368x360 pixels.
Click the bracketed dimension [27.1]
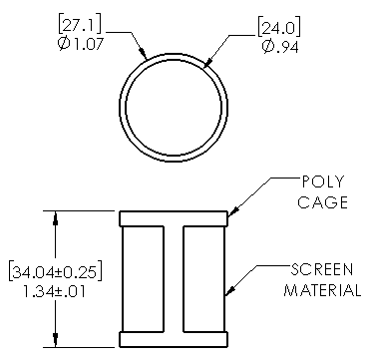pyautogui.click(x=80, y=24)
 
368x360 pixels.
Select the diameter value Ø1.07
pyautogui.click(x=81, y=44)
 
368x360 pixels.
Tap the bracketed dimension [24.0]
pyautogui.click(x=279, y=29)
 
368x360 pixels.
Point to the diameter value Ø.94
pyautogui.click(x=280, y=48)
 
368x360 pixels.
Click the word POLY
pyautogui.click(x=322, y=181)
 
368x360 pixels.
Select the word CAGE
pyautogui.click(x=322, y=202)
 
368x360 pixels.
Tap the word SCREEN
pyautogui.click(x=322, y=270)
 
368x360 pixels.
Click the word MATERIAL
pyautogui.click(x=322, y=290)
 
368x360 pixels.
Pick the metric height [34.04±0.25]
pyautogui.click(x=55, y=271)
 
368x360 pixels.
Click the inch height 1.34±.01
pyautogui.click(x=54, y=291)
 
